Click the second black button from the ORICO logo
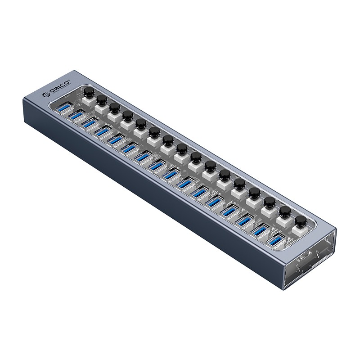[x=102, y=100]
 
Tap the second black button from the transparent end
[x=283, y=211]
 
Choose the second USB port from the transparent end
[x=262, y=229]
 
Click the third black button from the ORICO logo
[x=114, y=108]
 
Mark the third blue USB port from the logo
[x=90, y=123]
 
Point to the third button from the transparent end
[x=269, y=202]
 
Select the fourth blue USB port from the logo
[x=103, y=131]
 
